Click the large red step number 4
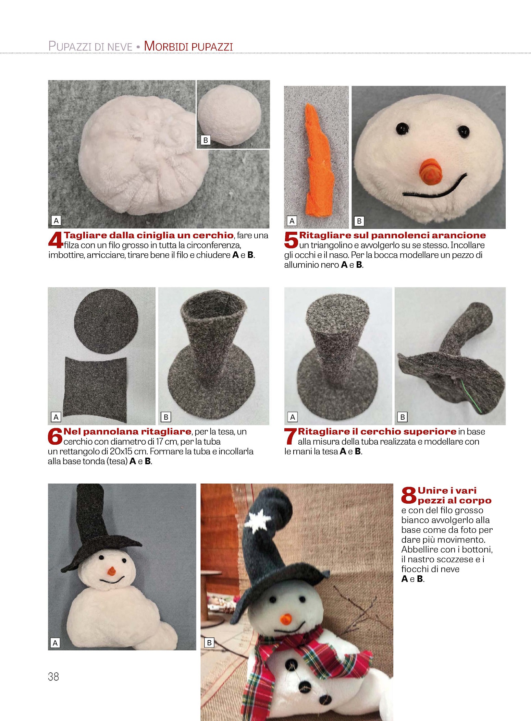(x=55, y=240)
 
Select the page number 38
(x=53, y=676)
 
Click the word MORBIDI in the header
(x=165, y=46)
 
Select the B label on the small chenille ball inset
(x=206, y=140)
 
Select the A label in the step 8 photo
(x=55, y=643)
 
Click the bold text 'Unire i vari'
(x=447, y=490)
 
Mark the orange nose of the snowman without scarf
(x=111, y=571)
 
